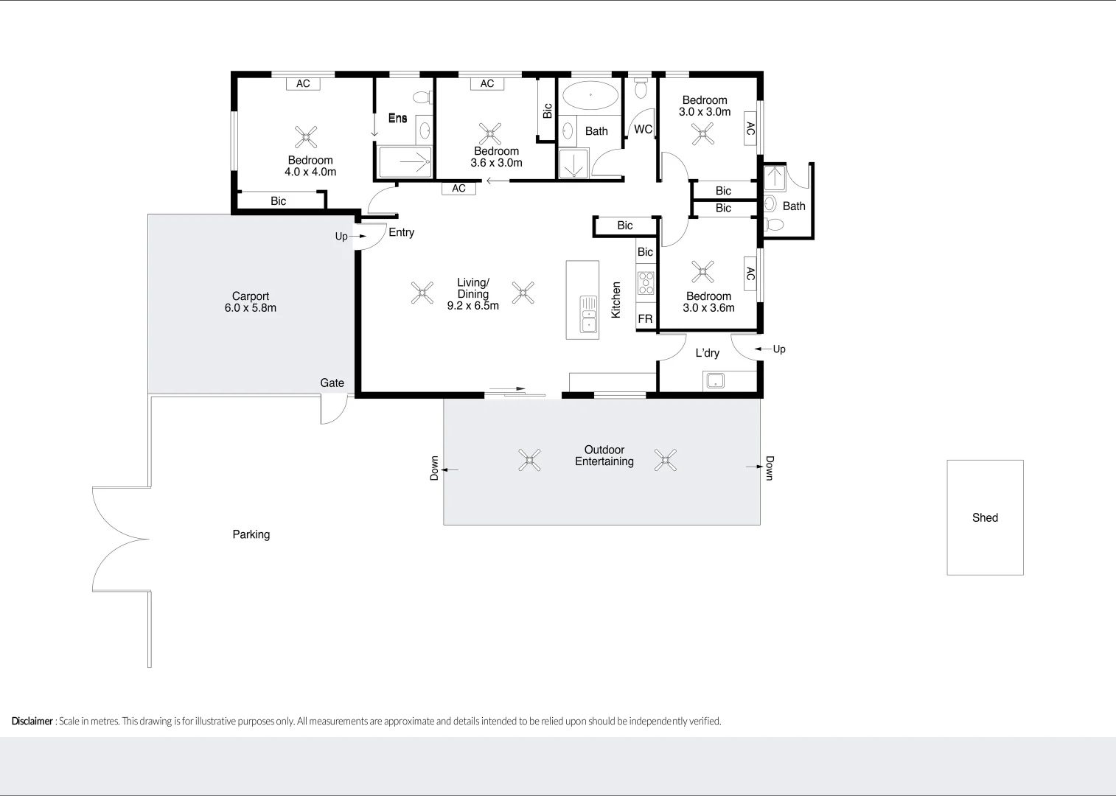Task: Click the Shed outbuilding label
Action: coord(985,517)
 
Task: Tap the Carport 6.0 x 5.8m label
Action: coord(251,302)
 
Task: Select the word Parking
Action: coord(251,534)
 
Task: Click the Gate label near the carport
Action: coord(332,383)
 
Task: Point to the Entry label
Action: coord(401,232)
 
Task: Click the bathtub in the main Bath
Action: coord(590,95)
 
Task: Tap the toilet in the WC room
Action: coord(641,88)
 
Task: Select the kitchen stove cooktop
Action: coord(646,282)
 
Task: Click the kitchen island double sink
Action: coord(588,314)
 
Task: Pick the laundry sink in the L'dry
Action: coord(715,381)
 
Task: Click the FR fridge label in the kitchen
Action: coord(645,319)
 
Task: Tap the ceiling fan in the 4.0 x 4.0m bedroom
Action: coord(306,136)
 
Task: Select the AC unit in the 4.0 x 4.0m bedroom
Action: coord(303,84)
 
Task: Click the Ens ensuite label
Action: coord(397,118)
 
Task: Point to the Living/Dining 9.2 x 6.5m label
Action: coord(472,293)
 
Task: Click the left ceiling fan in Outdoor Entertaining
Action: coord(529,460)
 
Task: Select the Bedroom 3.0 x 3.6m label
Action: coord(708,302)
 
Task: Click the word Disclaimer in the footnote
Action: coord(32,721)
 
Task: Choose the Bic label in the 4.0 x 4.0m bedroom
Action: coord(278,200)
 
